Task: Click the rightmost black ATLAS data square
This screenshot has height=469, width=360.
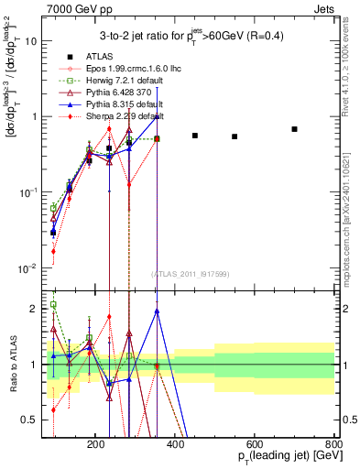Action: (x=294, y=129)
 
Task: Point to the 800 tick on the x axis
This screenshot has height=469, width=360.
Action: (x=333, y=442)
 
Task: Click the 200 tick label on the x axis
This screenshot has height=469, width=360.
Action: (x=95, y=442)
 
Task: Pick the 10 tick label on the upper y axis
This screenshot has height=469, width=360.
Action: (x=30, y=41)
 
